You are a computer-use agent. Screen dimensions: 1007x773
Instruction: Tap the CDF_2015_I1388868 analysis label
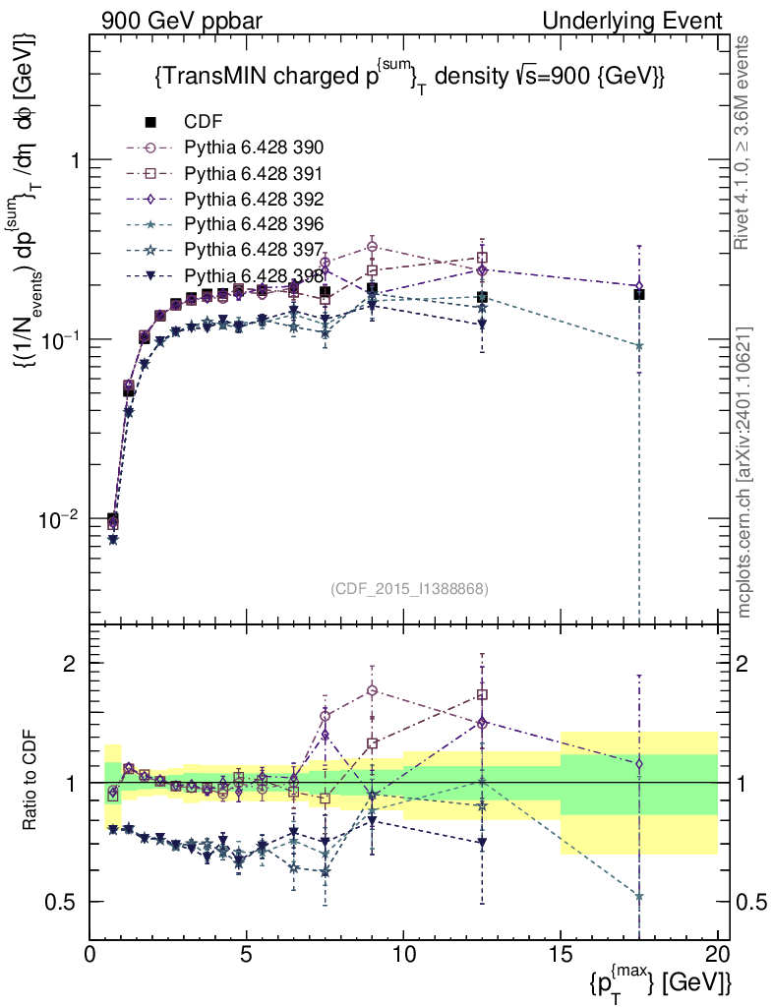point(409,589)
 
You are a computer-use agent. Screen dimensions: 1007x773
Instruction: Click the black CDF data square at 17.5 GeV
point(639,294)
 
